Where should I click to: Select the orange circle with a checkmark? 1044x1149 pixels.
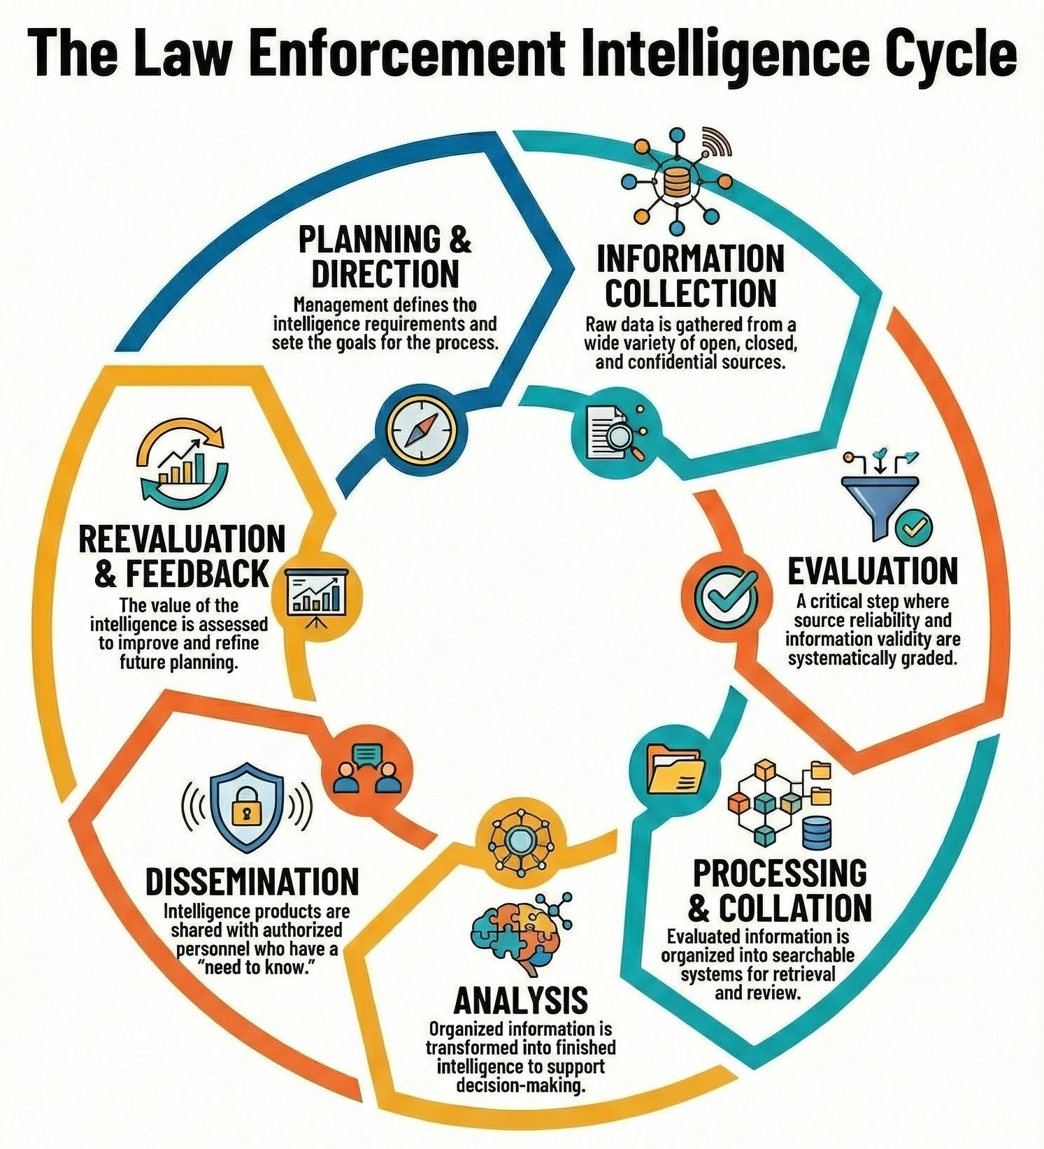tap(720, 593)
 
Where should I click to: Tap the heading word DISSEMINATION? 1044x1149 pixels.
tap(252, 882)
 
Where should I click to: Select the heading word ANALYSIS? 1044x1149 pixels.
tap(521, 1001)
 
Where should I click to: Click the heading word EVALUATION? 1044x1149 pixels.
tap(872, 571)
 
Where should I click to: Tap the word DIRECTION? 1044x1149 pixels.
tap(385, 274)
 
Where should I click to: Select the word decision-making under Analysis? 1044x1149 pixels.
tap(520, 1086)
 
